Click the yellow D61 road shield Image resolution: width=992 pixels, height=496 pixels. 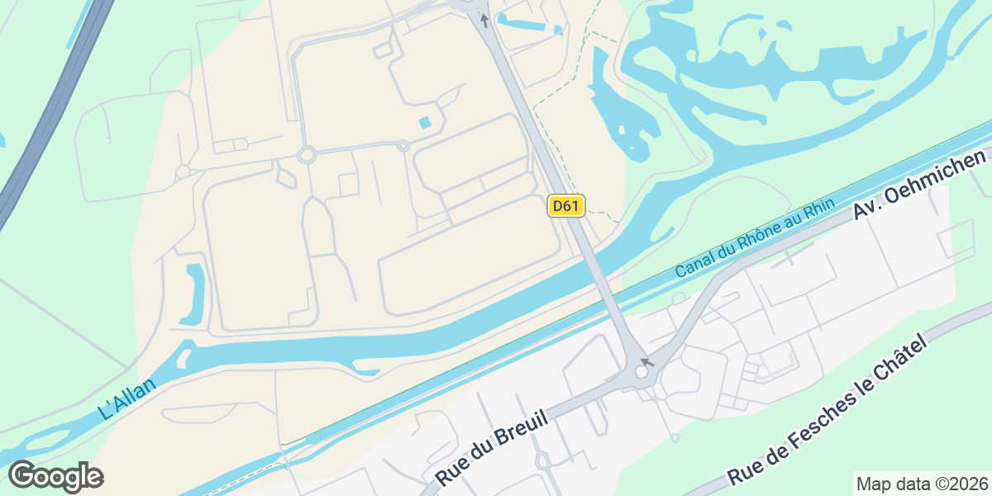pos(565,206)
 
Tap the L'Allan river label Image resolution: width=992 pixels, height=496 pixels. pos(126,398)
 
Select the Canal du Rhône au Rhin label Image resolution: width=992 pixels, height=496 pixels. pos(756,238)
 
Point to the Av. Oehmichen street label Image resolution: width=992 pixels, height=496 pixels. pos(921,184)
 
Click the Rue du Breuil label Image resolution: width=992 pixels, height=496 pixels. pos(491,450)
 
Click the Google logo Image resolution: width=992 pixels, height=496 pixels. pos(55,476)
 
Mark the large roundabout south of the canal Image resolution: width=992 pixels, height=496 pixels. pos(641,373)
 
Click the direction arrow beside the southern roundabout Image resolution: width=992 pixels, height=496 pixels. pos(647,361)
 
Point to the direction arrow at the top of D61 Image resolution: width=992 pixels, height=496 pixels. pos(484,19)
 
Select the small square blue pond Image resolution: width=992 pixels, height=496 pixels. pos(426,123)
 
